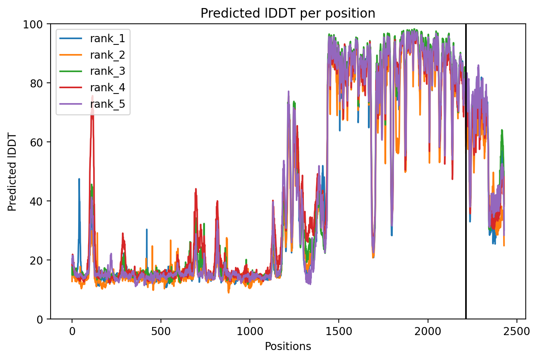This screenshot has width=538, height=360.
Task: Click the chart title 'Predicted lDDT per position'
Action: [x=288, y=13]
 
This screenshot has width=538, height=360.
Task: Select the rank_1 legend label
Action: [x=108, y=38]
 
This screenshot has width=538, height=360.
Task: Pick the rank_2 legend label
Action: [x=108, y=55]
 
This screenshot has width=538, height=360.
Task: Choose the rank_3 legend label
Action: [x=108, y=71]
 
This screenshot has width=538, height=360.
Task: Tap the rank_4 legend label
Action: [x=108, y=87]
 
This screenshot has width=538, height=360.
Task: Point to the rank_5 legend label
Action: [x=108, y=104]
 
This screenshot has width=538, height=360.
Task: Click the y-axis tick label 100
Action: [x=33, y=25]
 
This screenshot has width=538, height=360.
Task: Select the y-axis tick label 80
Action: [x=36, y=84]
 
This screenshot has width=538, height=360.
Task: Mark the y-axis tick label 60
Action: [x=36, y=143]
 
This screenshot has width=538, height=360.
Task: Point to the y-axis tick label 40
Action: [x=36, y=201]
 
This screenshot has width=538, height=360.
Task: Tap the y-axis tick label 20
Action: [x=36, y=260]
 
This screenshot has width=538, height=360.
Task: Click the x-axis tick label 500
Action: [x=161, y=332]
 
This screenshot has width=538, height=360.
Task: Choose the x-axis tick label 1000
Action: [x=250, y=332]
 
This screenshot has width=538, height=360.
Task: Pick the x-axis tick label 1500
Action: [x=339, y=332]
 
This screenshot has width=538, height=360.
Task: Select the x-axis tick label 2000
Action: [x=428, y=332]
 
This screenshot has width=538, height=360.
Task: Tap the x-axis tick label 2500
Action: [x=517, y=332]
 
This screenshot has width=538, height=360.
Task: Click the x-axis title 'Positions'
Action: [x=288, y=347]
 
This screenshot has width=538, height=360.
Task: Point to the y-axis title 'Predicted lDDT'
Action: [x=12, y=172]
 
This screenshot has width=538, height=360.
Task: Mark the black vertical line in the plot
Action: [x=466, y=171]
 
